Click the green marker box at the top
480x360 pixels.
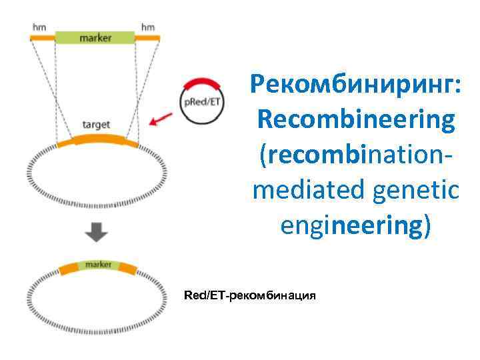(95, 37)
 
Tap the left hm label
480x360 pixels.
(41, 27)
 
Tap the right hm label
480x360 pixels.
(147, 27)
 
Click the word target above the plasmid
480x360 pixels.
(96, 125)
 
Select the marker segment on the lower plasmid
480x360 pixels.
(98, 265)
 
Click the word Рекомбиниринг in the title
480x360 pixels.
(354, 85)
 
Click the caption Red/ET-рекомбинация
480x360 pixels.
(249, 294)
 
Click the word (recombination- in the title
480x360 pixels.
(353, 155)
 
